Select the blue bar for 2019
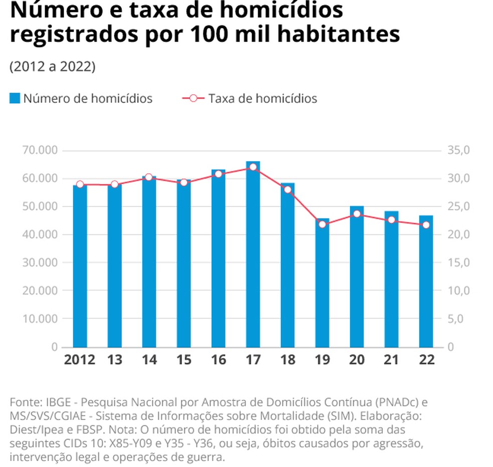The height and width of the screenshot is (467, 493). [x=322, y=283]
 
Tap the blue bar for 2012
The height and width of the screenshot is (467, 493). [x=80, y=266]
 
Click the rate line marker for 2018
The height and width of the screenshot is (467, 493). [x=288, y=190]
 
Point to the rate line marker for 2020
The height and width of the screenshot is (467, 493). [x=357, y=214]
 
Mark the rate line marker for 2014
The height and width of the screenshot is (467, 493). [x=149, y=177]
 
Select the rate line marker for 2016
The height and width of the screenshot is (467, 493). [x=218, y=174]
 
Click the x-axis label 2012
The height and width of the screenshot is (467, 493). [x=80, y=360]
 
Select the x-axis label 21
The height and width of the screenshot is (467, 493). [x=391, y=360]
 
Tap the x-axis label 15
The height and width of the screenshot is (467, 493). [x=183, y=360]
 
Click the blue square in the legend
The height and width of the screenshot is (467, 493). [x=15, y=99]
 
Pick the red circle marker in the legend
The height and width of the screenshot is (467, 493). [x=193, y=99]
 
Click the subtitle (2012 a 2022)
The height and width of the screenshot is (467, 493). [x=52, y=67]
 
